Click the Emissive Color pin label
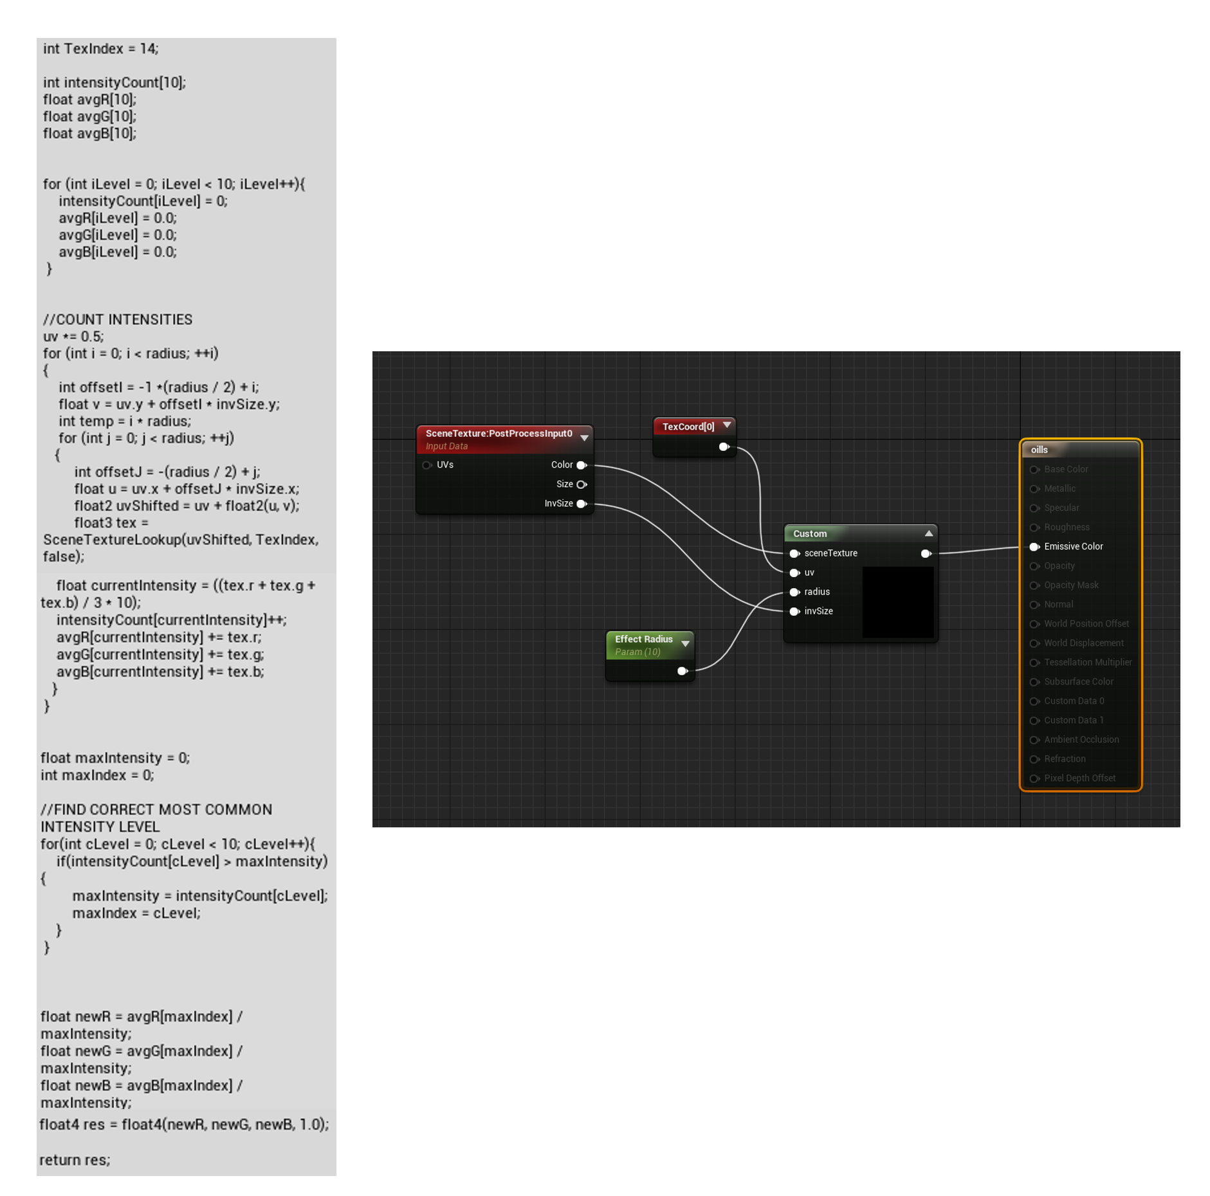[x=1072, y=546]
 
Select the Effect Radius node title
[x=643, y=639]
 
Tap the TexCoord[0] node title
[x=688, y=427]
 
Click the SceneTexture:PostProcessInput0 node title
[x=498, y=434]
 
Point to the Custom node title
[x=809, y=533]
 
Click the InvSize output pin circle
[x=581, y=504]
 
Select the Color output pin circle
[x=581, y=465]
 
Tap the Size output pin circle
[x=581, y=484]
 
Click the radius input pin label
[x=816, y=592]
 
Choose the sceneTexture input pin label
[x=830, y=553]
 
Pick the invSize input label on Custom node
[x=818, y=611]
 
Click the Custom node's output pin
[x=925, y=553]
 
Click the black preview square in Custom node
[x=897, y=602]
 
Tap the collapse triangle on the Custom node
[x=928, y=533]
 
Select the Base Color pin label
[x=1065, y=469]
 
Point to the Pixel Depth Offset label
[x=1079, y=778]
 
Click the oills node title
[x=1039, y=450]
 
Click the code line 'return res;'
[x=75, y=1159]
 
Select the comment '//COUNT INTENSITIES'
[x=117, y=320]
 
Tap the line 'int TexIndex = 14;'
[x=100, y=49]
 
